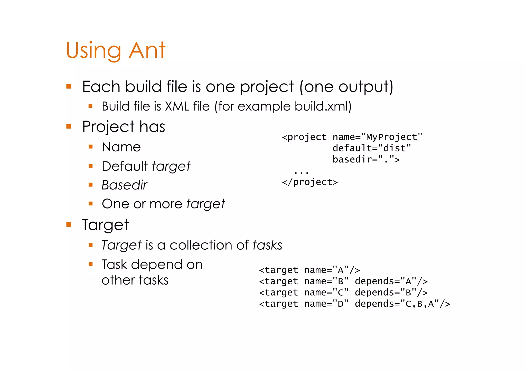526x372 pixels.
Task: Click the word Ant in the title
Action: tap(147, 50)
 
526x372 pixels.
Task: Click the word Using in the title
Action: tap(93, 51)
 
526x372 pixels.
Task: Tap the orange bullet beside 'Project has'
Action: tap(69, 126)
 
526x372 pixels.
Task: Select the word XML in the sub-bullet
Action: tap(177, 106)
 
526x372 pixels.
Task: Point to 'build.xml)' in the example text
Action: tap(323, 106)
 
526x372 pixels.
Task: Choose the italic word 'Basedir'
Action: tap(124, 185)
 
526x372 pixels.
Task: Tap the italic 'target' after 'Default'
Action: tap(171, 166)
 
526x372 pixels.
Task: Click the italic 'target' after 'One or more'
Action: tap(205, 204)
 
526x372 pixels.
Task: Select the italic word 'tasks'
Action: tap(267, 245)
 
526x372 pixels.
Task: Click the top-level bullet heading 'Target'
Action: tap(105, 225)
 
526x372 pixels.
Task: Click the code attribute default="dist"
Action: tap(372, 148)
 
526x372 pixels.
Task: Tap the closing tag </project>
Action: tap(310, 182)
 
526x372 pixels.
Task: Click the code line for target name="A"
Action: tap(309, 270)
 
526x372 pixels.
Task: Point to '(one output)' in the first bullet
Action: tap(346, 87)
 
